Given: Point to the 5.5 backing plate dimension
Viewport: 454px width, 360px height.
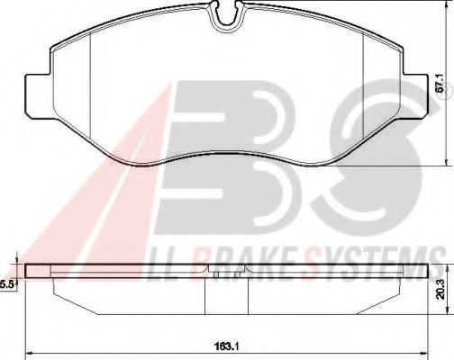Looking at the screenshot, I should [7, 284].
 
